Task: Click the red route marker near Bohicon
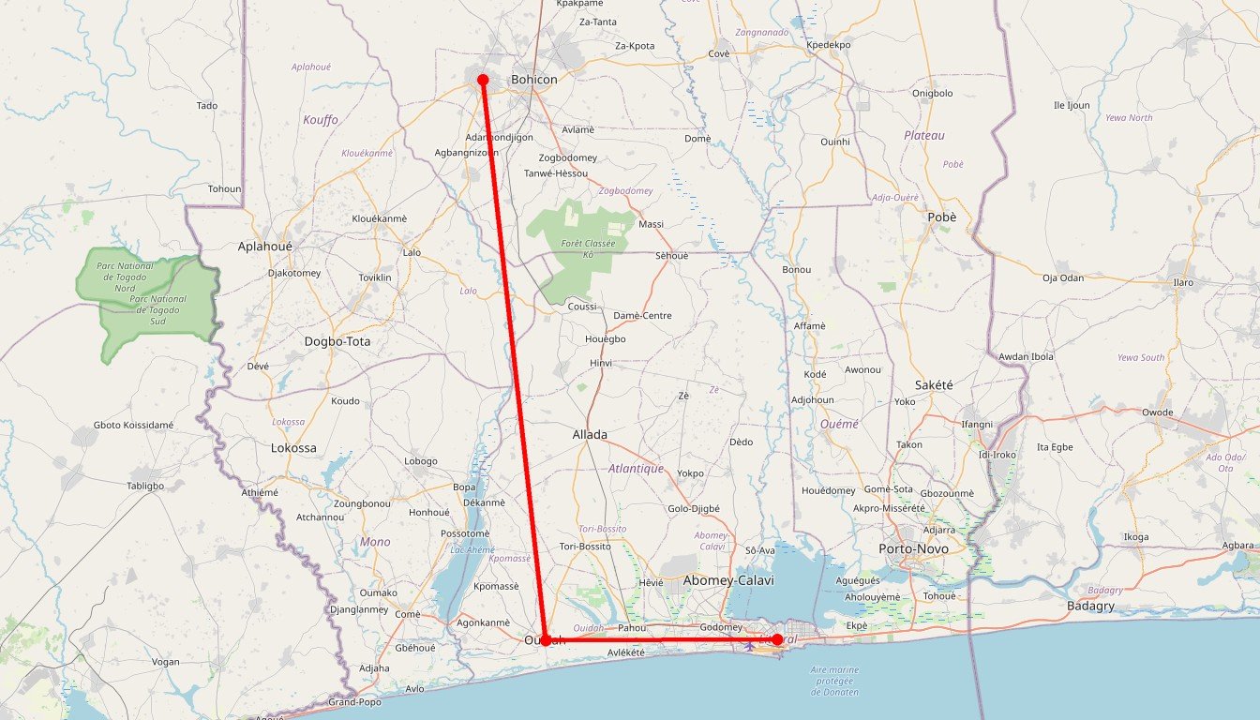[483, 81]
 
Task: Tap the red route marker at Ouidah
[545, 640]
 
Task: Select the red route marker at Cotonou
[777, 639]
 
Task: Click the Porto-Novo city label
[913, 548]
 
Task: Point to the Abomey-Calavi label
[728, 580]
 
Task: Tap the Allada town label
[590, 434]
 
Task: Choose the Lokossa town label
[293, 448]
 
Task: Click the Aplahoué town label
[265, 246]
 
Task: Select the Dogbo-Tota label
[337, 341]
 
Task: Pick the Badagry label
[1090, 606]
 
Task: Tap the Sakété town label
[933, 384]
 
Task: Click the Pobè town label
[941, 217]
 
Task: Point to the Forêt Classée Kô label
[588, 248]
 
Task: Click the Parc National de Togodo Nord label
[125, 277]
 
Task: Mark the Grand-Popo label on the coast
[353, 702]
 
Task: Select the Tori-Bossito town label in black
[584, 546]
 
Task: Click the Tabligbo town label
[145, 486]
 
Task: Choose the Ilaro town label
[1183, 281]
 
